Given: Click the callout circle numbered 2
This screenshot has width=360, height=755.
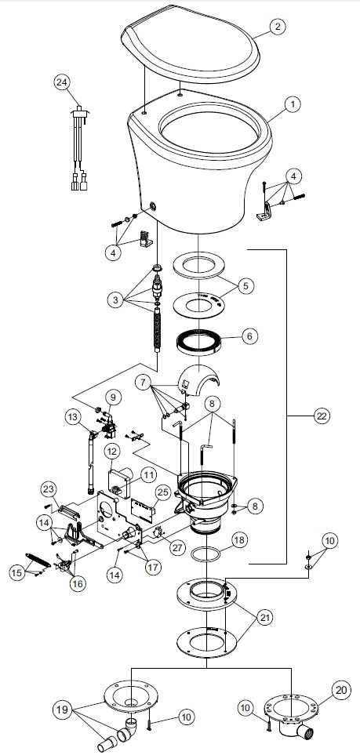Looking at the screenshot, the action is (x=277, y=26).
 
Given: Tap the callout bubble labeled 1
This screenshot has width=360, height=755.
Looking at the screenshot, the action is (x=291, y=104).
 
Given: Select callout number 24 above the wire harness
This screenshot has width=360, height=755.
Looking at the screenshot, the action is (x=62, y=83).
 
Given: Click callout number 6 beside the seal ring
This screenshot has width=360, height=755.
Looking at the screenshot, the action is (x=249, y=336).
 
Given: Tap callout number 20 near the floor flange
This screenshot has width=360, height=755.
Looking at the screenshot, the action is (x=341, y=690).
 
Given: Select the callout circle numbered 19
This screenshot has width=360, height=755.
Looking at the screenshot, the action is (x=62, y=710).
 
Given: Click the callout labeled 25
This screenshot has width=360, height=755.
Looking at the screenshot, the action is (x=163, y=492).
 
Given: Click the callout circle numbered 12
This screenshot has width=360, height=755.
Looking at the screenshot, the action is (x=112, y=452).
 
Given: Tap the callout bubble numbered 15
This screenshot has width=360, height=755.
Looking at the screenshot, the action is (x=18, y=572).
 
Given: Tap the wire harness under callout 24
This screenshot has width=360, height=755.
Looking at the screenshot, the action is (x=79, y=149).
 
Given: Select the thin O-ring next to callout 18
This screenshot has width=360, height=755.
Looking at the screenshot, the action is (x=207, y=555).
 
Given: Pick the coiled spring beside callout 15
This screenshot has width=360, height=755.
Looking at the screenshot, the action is (x=38, y=561).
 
